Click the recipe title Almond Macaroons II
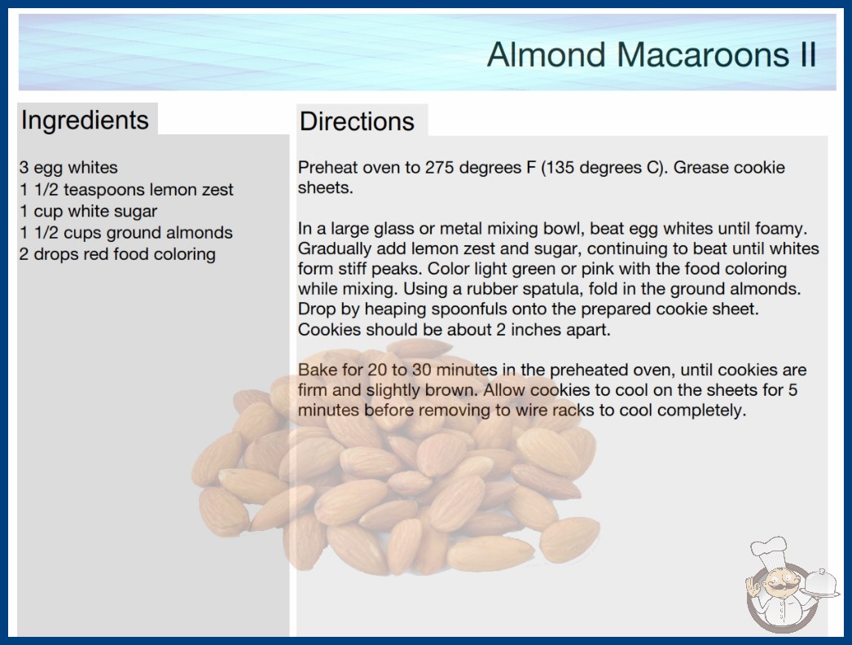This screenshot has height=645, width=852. point(652,55)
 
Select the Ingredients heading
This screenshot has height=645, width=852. point(85,121)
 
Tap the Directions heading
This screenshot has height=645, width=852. point(357,121)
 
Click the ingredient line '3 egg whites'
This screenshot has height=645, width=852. point(68,168)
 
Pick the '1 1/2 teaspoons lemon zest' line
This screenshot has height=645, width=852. point(126,189)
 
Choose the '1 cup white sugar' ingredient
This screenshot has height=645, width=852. point(88,211)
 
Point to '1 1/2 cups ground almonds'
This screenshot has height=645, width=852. point(126,233)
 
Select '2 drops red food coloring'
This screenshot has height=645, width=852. point(117,254)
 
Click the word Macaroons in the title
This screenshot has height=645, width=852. point(703,55)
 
